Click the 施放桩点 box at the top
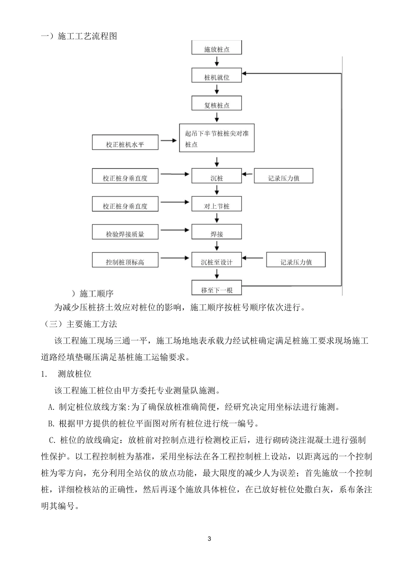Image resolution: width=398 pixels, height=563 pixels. tap(217, 48)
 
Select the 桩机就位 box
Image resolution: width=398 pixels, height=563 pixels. tap(217, 76)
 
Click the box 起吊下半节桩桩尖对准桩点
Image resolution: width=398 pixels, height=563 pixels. tap(217, 138)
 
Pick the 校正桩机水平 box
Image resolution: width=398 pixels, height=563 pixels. tap(125, 143)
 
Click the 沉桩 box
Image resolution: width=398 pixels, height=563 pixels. tap(217, 177)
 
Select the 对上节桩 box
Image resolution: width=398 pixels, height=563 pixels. tap(217, 205)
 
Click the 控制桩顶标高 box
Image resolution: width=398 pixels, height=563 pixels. tap(125, 261)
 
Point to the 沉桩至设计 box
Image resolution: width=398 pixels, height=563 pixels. tap(217, 261)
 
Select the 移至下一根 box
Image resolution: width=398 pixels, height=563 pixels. tap(217, 289)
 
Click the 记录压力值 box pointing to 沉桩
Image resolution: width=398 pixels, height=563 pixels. tap(284, 177)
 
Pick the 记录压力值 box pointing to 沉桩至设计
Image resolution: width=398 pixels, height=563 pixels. tap(296, 261)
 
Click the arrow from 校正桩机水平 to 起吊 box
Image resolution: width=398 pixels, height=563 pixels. tap(169, 141)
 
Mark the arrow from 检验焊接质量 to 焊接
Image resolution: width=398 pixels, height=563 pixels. tap(175, 230)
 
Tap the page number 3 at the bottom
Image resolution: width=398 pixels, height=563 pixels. tap(209, 539)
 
